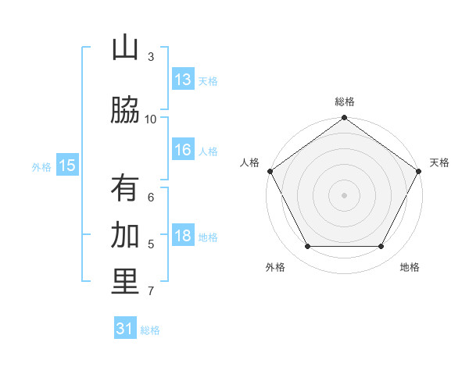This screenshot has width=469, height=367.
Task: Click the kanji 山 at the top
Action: tap(125, 48)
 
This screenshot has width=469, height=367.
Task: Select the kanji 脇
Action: tap(125, 110)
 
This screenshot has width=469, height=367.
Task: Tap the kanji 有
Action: tap(125, 188)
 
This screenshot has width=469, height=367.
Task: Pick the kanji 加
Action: tap(125, 235)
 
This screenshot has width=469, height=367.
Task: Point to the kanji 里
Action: tap(125, 282)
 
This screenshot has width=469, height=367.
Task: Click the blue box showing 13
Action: tap(182, 80)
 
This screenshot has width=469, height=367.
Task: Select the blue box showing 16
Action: tap(182, 151)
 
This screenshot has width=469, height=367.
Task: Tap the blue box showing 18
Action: tap(182, 237)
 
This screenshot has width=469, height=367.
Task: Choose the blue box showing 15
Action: tap(67, 166)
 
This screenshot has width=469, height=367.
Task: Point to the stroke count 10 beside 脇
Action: tap(151, 119)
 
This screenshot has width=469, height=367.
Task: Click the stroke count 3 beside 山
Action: tap(151, 56)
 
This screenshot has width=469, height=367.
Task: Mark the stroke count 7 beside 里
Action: tap(151, 291)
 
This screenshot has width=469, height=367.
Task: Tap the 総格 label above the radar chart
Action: tap(345, 102)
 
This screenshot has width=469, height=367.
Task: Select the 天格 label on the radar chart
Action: tap(439, 162)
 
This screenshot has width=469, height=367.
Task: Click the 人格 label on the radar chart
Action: tap(249, 162)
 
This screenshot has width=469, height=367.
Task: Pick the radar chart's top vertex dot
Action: tap(345, 118)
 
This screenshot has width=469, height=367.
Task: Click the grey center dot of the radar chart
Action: tap(345, 194)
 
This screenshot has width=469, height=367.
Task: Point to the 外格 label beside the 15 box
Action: tap(41, 166)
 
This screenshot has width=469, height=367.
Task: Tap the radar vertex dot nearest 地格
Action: tap(381, 247)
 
